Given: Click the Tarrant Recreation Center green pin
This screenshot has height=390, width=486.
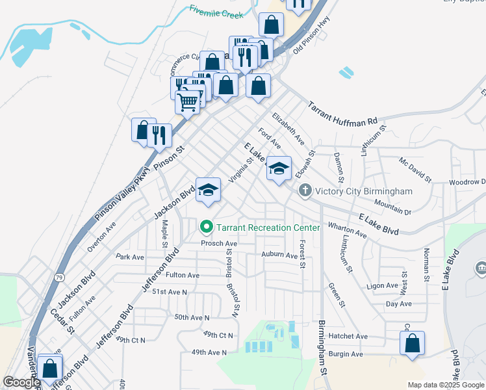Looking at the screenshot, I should pyautogui.click(x=207, y=227).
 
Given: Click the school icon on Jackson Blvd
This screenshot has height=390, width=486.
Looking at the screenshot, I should pyautogui.click(x=209, y=189).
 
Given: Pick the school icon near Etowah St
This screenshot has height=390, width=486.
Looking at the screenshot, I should pyautogui.click(x=279, y=169).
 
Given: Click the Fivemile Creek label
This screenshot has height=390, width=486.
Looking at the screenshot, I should pyautogui.click(x=216, y=12).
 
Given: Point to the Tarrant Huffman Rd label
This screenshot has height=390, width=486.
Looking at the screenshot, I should pyautogui.click(x=342, y=113).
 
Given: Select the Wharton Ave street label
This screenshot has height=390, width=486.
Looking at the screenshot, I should pyautogui.click(x=348, y=230).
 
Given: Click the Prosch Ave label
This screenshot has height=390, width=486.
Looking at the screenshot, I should pyautogui.click(x=219, y=243).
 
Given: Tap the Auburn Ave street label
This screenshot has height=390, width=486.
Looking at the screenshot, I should pyautogui.click(x=279, y=255).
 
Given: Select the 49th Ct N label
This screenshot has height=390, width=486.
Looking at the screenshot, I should pyautogui.click(x=218, y=334).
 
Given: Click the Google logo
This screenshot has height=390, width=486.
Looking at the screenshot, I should pyautogui.click(x=21, y=382).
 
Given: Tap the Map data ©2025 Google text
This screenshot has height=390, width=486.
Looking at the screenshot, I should pyautogui.click(x=446, y=385).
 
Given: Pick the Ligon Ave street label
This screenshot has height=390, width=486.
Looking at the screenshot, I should pyautogui.click(x=381, y=285).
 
